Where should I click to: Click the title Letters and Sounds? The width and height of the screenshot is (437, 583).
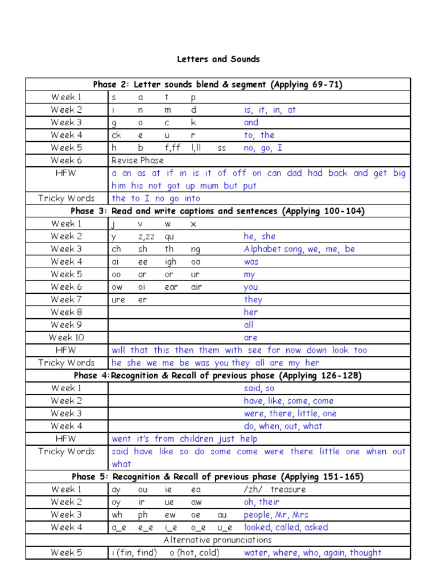coord(218,59)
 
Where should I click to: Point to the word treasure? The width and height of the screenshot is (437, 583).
coord(288,489)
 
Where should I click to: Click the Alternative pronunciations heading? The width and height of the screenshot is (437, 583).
coord(218,540)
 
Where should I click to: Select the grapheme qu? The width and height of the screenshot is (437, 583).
coord(170,236)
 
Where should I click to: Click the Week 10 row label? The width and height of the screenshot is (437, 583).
coord(67,337)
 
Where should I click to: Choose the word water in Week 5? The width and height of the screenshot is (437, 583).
coord(256,552)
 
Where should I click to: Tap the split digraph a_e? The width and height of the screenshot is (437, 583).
coord(118,527)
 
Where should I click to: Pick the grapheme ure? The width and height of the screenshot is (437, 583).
coord(118,299)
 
